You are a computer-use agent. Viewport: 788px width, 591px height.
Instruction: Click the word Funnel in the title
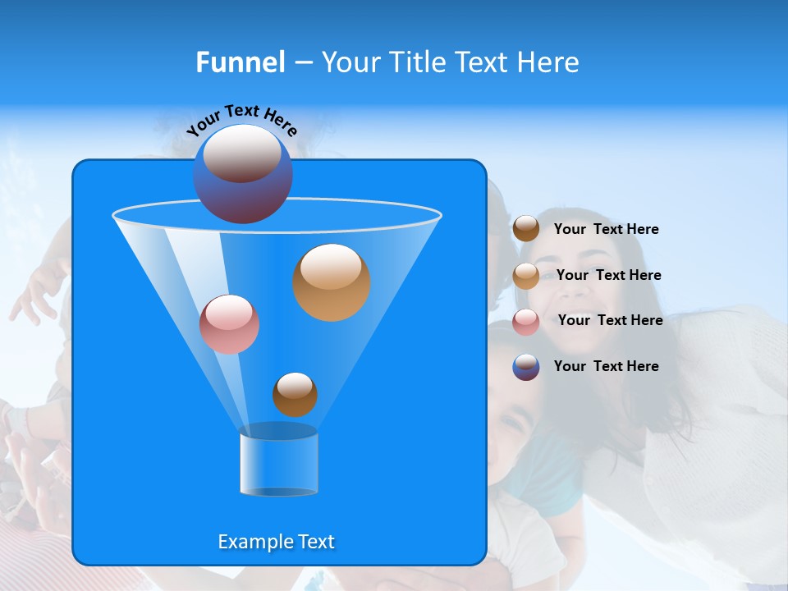tap(240, 62)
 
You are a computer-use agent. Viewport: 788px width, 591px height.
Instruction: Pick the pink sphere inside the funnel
tap(229, 324)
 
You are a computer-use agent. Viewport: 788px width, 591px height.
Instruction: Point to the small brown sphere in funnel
tap(295, 394)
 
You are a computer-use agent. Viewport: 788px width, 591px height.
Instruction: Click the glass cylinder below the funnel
tap(278, 464)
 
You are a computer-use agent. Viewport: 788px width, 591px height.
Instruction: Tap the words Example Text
tap(276, 542)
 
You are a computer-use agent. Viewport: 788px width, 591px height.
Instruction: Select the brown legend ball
tap(526, 229)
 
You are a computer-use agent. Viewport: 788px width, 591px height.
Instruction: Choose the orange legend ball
tap(526, 276)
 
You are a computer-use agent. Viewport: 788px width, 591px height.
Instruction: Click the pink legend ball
tap(526, 322)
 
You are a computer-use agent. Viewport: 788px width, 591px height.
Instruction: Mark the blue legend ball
tap(526, 367)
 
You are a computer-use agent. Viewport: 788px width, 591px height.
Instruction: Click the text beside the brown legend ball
tap(606, 230)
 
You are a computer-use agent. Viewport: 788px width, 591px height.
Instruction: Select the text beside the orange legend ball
tap(608, 276)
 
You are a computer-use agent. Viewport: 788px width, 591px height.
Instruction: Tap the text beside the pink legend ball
tap(610, 321)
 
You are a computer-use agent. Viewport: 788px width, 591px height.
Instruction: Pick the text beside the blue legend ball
tap(606, 366)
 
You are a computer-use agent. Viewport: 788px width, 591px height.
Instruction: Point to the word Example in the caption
tap(254, 542)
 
